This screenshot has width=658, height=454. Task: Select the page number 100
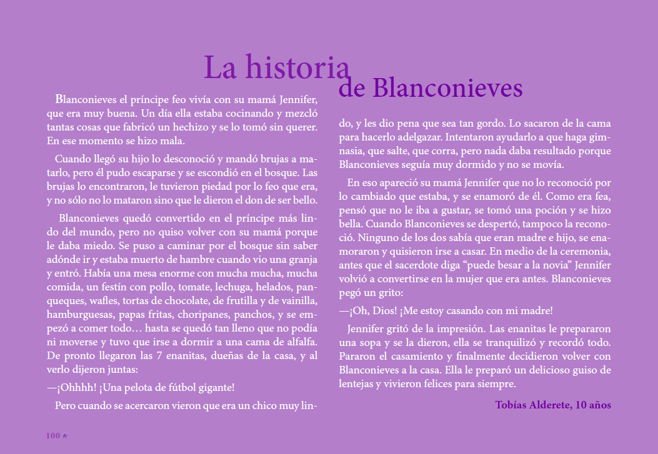click(x=52, y=435)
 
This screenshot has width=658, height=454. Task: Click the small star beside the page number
click(x=65, y=435)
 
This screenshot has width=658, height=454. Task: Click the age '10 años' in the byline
click(x=592, y=405)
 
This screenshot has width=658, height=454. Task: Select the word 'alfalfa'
click(x=300, y=342)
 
